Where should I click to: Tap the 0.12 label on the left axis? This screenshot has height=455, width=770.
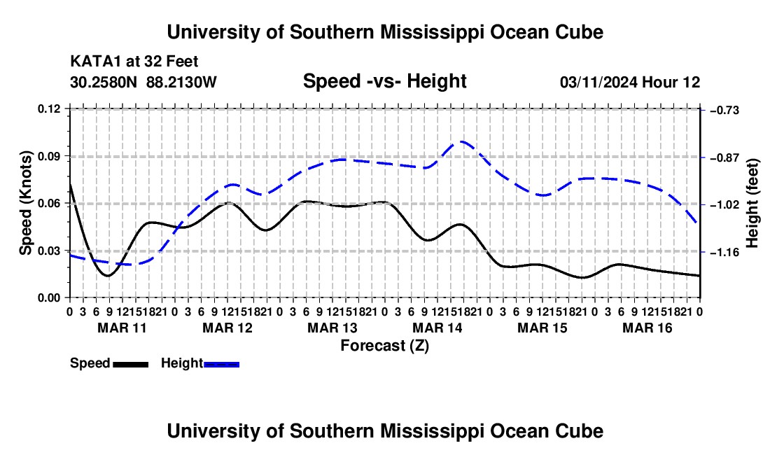pyautogui.click(x=48, y=109)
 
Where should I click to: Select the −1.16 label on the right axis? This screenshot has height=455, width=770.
pyautogui.click(x=724, y=252)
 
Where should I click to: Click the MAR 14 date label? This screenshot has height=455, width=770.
pyautogui.click(x=437, y=328)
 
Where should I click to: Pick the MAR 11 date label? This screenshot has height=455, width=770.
pyautogui.click(x=122, y=328)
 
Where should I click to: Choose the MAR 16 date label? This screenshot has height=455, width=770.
pyautogui.click(x=647, y=328)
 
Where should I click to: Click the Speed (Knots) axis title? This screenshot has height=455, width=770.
pyautogui.click(x=26, y=203)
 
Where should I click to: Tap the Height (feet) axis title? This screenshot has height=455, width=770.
pyautogui.click(x=752, y=203)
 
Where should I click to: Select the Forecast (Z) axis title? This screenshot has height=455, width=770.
pyautogui.click(x=384, y=346)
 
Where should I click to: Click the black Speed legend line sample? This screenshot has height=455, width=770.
pyautogui.click(x=131, y=365)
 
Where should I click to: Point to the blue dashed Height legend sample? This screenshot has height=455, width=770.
pyautogui.click(x=221, y=365)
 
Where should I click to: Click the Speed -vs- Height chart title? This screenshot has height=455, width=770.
pyautogui.click(x=384, y=81)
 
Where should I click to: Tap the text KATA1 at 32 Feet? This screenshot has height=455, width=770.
pyautogui.click(x=134, y=62)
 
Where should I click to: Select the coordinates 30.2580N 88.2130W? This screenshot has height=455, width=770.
pyautogui.click(x=143, y=82)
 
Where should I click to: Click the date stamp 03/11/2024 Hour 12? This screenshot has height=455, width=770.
pyautogui.click(x=630, y=82)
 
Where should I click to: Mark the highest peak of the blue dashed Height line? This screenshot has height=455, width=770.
pyautogui.click(x=462, y=141)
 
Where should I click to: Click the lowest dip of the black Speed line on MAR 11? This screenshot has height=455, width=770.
pyautogui.click(x=108, y=276)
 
